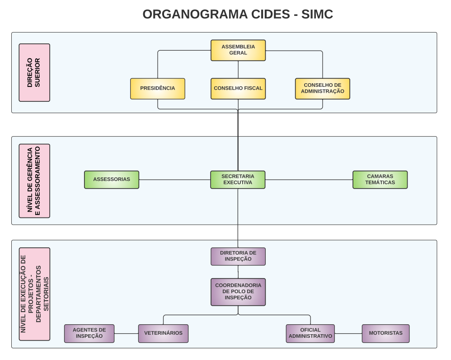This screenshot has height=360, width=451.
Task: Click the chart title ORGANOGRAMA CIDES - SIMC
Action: [x=238, y=14]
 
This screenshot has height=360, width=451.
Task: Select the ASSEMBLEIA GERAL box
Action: [x=238, y=50]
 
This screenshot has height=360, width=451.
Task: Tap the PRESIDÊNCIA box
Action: [x=158, y=89]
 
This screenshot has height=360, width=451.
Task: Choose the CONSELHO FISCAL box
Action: [x=238, y=89]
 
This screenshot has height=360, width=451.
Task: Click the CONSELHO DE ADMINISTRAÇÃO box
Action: [x=323, y=89]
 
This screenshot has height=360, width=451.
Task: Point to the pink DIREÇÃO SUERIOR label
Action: [x=34, y=72]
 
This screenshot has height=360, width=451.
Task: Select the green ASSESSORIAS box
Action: [x=112, y=180]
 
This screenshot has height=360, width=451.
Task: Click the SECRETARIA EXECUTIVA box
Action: [x=238, y=180]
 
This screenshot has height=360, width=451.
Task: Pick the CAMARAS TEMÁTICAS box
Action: [x=380, y=180]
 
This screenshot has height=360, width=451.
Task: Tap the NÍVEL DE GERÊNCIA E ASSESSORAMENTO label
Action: [x=34, y=180]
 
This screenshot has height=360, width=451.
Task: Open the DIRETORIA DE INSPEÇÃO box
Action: [x=238, y=256]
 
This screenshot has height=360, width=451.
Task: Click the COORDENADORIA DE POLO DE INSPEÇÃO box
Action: [x=238, y=292]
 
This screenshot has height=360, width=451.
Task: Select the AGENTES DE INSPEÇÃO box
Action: [x=89, y=333]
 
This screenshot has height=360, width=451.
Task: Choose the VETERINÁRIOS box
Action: [x=163, y=333]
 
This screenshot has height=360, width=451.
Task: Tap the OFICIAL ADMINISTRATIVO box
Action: [x=310, y=333]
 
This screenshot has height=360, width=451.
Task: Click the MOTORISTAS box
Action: [x=385, y=333]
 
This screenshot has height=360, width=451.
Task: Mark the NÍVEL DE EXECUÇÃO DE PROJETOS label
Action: [x=34, y=294]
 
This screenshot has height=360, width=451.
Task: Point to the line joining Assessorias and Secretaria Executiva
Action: [x=174, y=180]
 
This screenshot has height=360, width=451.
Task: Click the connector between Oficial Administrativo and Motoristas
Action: [x=348, y=333]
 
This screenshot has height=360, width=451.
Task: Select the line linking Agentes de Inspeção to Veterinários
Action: [x=126, y=333]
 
